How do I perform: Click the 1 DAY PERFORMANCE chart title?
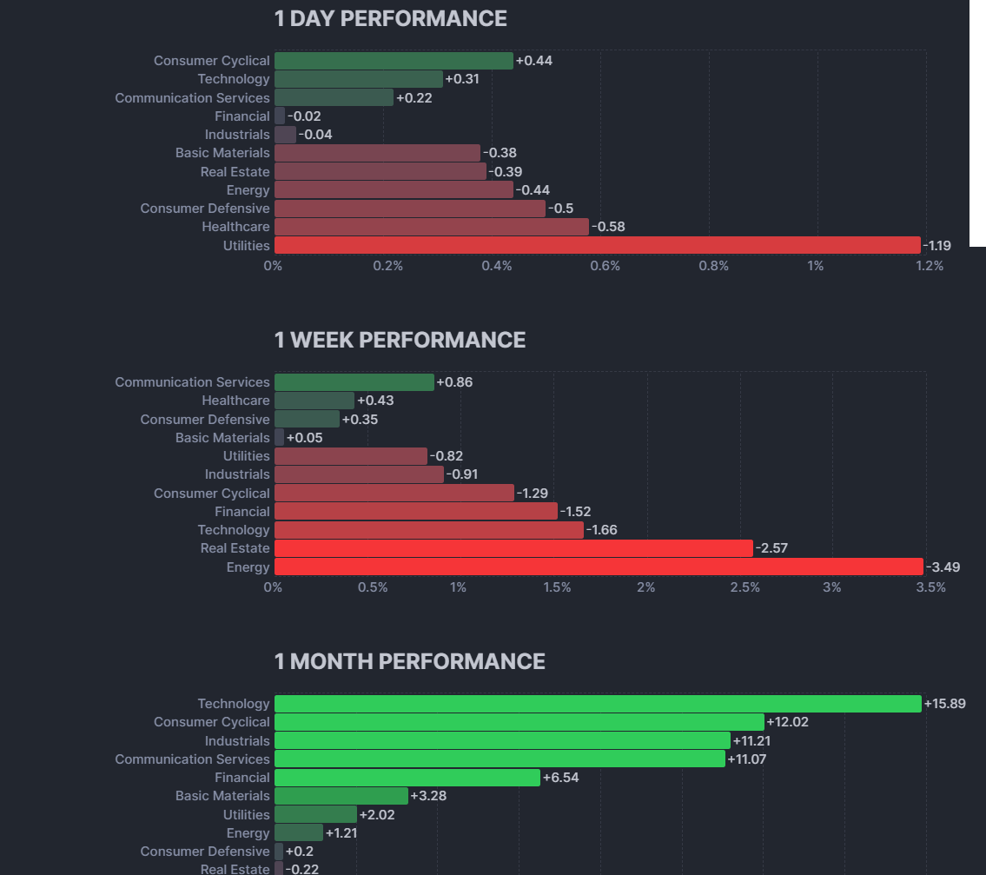390,18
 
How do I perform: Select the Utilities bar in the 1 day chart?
597,245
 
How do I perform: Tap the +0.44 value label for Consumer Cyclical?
534,61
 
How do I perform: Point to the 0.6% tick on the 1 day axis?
605,266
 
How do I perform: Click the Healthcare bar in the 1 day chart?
431,227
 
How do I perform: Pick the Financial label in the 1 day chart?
242,116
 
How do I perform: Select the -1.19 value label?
936,246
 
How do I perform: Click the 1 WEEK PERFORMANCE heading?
400,340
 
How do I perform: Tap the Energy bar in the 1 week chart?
598,567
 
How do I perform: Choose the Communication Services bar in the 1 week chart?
354,382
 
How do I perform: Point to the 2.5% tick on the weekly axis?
744,587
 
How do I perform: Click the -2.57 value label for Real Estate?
771,548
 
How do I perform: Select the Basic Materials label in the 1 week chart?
222,438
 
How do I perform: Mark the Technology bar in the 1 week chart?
428,530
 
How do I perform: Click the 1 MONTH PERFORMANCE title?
409,661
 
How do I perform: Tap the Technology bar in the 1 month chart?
597,704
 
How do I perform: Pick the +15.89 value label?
945,704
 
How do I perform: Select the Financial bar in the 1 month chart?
407,778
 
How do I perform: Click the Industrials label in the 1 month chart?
237,741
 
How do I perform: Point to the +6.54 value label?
560,778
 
